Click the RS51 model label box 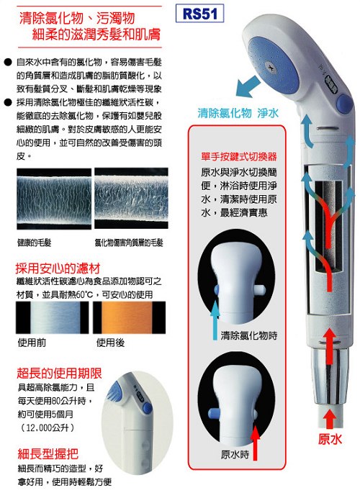[199, 14]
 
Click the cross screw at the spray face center [270, 66]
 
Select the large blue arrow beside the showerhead [248, 86]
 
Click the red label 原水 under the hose [330, 439]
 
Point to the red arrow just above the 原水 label [329, 418]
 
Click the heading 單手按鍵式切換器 [239, 157]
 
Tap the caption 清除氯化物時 [248, 335]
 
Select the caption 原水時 [235, 455]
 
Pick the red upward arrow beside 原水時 [256, 443]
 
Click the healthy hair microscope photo [54, 199]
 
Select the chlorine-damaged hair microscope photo [132, 198]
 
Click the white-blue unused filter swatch [52, 317]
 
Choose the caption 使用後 [110, 343]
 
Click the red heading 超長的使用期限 [60, 374]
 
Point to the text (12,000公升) [48, 428]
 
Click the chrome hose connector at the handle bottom [330, 377]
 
